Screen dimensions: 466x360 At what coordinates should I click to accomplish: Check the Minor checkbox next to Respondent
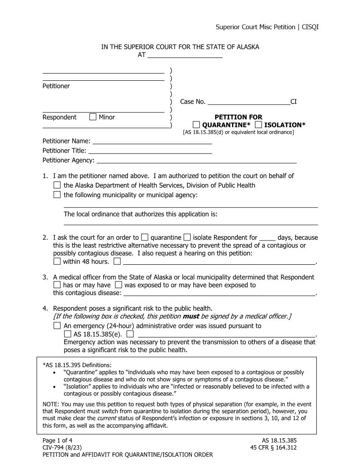click(93, 117)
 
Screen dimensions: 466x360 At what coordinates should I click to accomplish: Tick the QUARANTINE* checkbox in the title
click(196, 125)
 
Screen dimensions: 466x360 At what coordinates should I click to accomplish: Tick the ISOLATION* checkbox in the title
click(258, 125)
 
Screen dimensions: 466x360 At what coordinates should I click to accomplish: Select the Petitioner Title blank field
click(150, 151)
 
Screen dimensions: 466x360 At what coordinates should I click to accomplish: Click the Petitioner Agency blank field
click(196, 160)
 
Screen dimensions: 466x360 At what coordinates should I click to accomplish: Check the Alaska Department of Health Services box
click(57, 185)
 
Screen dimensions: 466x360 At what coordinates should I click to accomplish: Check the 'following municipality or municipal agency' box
click(57, 195)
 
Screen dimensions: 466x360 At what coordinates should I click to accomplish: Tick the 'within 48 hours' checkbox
click(57, 261)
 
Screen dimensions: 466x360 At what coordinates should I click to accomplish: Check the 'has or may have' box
click(57, 285)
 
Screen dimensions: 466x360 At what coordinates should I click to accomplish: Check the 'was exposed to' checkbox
click(118, 285)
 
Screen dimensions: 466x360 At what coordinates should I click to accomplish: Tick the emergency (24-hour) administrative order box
click(57, 326)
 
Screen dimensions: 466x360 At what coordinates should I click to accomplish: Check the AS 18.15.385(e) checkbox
click(67, 334)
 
